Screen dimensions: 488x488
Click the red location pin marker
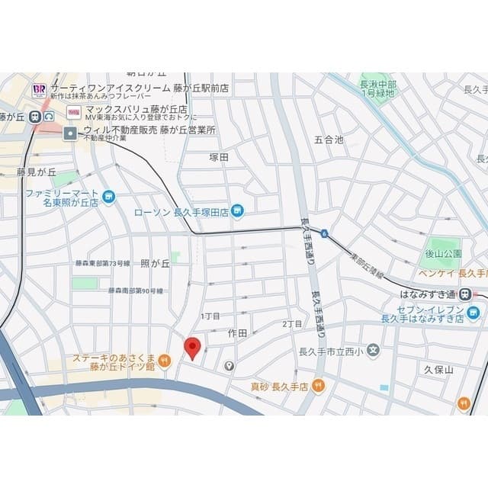coord(193,347)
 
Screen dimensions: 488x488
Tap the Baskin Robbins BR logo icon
coord(39,91)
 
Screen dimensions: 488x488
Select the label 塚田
coord(220,156)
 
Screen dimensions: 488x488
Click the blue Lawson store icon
coord(238,210)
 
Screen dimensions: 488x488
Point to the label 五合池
coord(329,140)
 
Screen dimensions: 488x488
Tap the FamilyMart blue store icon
coord(108,197)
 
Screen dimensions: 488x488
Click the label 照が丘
coord(155,263)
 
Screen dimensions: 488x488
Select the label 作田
coord(237,333)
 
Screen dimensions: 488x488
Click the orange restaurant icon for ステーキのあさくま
coord(165,360)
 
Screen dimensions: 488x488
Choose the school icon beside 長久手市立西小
coord(373,351)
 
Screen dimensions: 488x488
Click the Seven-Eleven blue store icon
coord(474,313)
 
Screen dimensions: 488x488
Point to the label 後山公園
coord(442,252)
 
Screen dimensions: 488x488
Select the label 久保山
coord(438,369)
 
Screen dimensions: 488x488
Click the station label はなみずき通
coord(428,294)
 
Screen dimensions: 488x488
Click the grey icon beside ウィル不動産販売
coord(71,133)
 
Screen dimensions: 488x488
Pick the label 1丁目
coord(210,316)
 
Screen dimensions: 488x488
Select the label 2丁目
coord(293,324)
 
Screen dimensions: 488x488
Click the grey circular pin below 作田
coord(228,366)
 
